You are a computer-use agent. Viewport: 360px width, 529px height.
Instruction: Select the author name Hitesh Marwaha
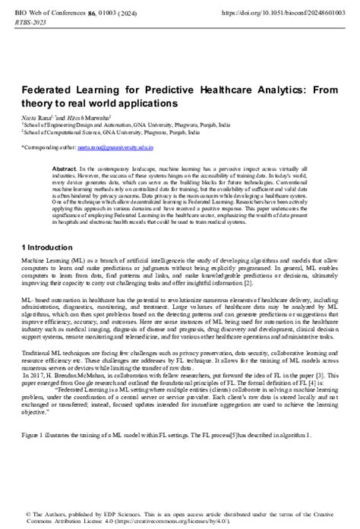pos(87,118)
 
